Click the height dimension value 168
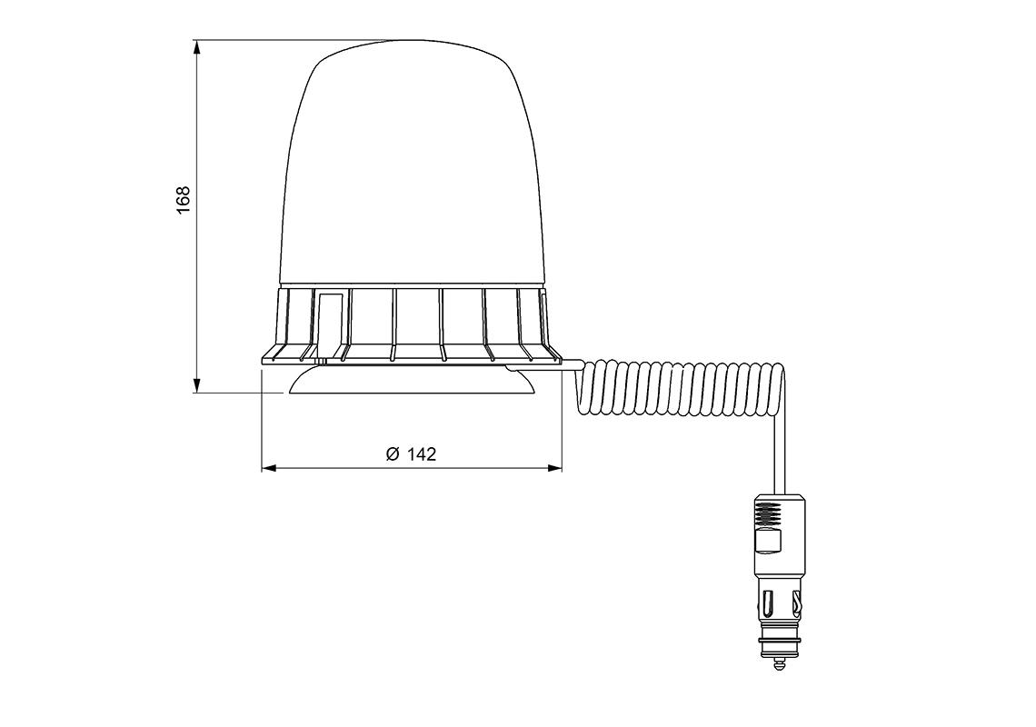pos(183,199)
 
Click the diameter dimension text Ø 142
pos(411,454)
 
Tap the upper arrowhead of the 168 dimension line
pos(196,47)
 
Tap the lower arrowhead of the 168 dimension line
pos(196,385)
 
